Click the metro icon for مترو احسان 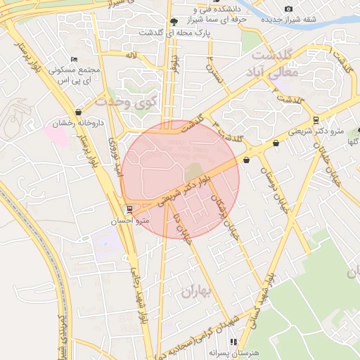pyautogui.click(x=128, y=210)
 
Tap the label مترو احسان pyautogui.click(x=127, y=220)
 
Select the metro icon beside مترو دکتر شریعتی pyautogui.click(x=316, y=120)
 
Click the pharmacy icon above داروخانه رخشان pyautogui.click(x=78, y=112)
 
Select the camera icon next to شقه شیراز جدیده pyautogui.click(x=288, y=8)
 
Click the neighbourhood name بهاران pyautogui.click(x=196, y=292)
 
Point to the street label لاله pyautogui.click(x=131, y=54)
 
